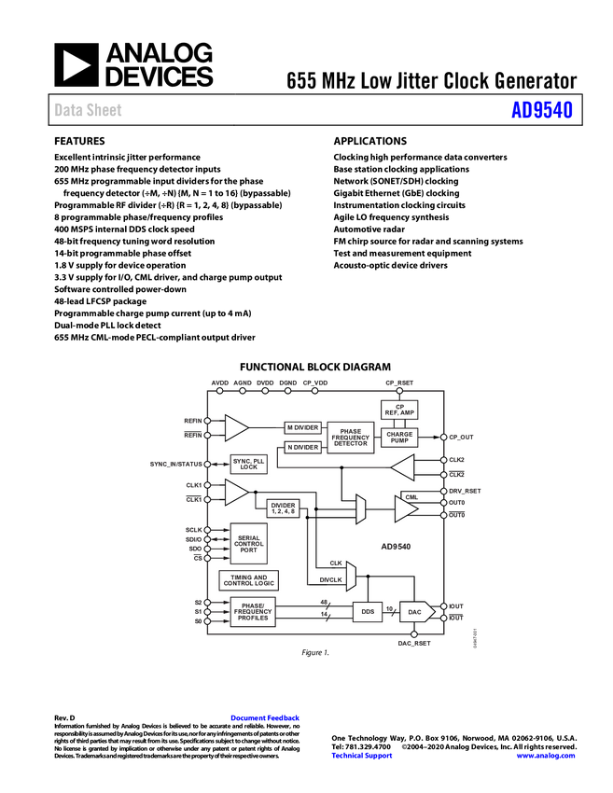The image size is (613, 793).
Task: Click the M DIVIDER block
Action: point(302,427)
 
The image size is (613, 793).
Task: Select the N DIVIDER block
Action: point(302,448)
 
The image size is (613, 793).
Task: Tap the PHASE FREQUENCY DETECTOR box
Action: point(351,438)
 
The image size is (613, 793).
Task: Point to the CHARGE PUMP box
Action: point(399,438)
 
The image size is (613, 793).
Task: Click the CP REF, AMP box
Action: point(399,409)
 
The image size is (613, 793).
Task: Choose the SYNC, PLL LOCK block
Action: point(248,464)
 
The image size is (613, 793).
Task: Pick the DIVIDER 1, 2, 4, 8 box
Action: point(283,508)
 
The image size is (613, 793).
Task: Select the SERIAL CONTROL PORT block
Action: point(248,544)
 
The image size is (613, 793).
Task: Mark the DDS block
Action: point(368,612)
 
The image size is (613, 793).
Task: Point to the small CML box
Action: point(411,496)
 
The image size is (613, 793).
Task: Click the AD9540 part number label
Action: point(396,548)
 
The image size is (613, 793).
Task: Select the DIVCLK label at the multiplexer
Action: point(330,579)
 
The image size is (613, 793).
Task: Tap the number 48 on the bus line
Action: point(324,602)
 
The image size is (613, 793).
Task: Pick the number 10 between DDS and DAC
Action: point(390,607)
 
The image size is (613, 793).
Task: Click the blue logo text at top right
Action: point(542,110)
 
